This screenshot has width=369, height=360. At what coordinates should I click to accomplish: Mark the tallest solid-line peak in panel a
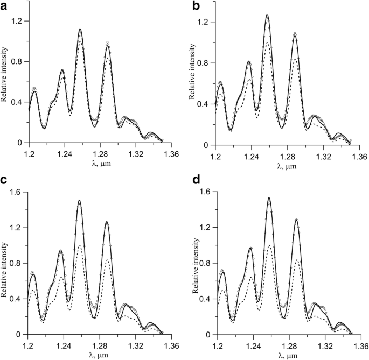click(x=80, y=29)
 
